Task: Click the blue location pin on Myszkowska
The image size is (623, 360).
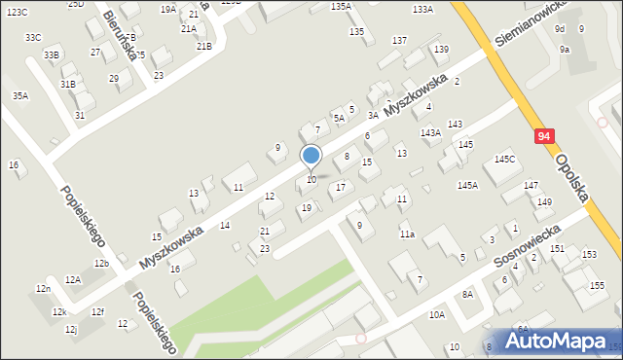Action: [311, 156]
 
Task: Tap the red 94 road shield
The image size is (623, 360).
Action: [544, 138]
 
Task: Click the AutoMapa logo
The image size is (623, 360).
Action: [561, 342]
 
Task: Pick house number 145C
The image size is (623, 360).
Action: [504, 159]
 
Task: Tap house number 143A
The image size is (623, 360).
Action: [430, 132]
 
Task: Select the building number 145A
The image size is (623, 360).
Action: [467, 185]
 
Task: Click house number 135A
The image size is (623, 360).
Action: [341, 7]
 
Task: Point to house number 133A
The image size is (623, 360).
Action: [422, 9]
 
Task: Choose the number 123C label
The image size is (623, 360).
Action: [17, 11]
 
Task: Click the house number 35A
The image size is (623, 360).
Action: [20, 95]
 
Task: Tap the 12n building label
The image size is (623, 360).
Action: [43, 289]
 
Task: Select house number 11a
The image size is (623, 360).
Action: [407, 234]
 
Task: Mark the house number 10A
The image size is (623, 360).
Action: [437, 314]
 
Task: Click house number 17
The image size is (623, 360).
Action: [340, 187]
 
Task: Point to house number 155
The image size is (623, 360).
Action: [597, 285]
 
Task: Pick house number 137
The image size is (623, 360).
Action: [399, 40]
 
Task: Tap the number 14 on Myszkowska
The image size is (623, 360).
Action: [225, 225]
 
